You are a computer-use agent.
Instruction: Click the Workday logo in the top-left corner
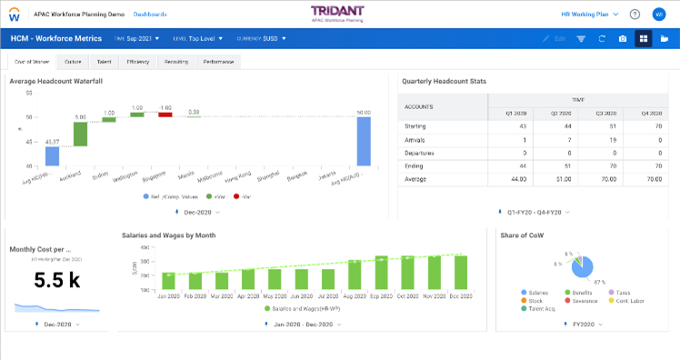15,15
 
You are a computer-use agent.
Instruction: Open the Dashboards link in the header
150,15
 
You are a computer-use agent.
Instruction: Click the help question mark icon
635,15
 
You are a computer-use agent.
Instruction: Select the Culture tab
74,62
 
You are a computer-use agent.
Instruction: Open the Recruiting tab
176,62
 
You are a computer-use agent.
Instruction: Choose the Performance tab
217,62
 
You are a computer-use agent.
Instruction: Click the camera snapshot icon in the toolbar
622,39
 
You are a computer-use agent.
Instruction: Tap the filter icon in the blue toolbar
581,39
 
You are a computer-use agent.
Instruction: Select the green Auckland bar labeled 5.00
80,134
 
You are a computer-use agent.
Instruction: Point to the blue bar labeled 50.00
364,141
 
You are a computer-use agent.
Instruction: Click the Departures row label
422,154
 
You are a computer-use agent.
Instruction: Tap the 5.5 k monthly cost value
57,281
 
